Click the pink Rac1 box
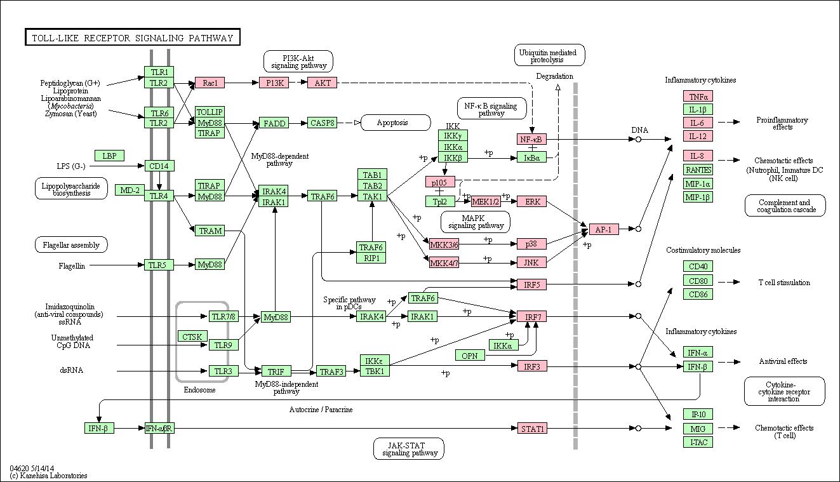pyautogui.click(x=210, y=83)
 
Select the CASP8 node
pyautogui.click(x=322, y=123)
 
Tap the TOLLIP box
pyautogui.click(x=210, y=112)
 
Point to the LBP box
pyautogui.click(x=109, y=156)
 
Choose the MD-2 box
pyautogui.click(x=130, y=190)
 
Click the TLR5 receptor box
pyautogui.click(x=159, y=265)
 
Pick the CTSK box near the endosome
pyautogui.click(x=192, y=337)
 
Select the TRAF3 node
pyautogui.click(x=331, y=371)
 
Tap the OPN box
pyautogui.click(x=470, y=355)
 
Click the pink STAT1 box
pyautogui.click(x=532, y=429)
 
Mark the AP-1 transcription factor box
pyautogui.click(x=604, y=229)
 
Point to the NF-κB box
pyautogui.click(x=532, y=139)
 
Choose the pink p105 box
pyautogui.click(x=440, y=182)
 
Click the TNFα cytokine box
pyautogui.click(x=698, y=97)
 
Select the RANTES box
pyautogui.click(x=698, y=170)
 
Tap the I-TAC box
pyautogui.click(x=698, y=442)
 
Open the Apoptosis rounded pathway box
pyautogui.click(x=396, y=123)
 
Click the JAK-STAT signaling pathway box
pyautogui.click(x=409, y=448)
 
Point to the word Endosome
pyautogui.click(x=199, y=390)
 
